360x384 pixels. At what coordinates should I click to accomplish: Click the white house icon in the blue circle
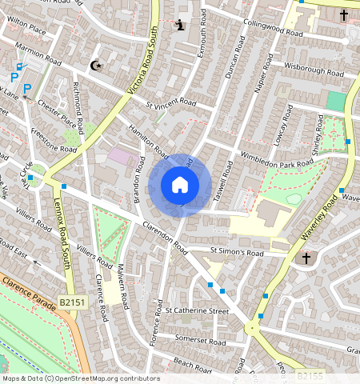pyautogui.click(x=180, y=185)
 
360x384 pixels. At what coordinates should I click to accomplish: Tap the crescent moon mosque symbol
pyautogui.click(x=97, y=66)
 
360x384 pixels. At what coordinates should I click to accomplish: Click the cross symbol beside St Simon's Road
pyautogui.click(x=306, y=258)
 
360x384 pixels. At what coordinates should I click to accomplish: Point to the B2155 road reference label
pyautogui.click(x=310, y=374)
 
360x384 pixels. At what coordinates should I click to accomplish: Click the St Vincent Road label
pyautogui.click(x=171, y=103)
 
